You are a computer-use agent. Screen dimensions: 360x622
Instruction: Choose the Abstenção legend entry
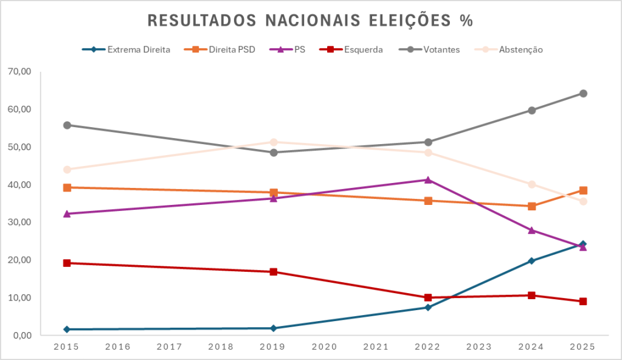tap(520, 50)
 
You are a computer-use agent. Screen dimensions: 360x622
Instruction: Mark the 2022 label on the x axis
tap(427, 347)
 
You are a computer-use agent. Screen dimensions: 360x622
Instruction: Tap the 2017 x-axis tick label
tap(170, 347)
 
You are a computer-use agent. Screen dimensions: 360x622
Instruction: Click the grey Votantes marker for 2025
tap(583, 94)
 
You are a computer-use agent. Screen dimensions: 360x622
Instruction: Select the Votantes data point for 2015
tap(67, 125)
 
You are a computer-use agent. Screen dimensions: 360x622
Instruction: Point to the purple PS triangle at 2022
tap(428, 180)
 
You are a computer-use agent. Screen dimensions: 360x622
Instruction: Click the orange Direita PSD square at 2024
tap(531, 206)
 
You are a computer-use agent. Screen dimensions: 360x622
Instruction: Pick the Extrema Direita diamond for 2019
tap(273, 328)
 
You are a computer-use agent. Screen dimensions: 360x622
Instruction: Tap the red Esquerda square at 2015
tap(67, 263)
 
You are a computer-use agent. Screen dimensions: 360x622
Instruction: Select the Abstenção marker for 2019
tap(273, 142)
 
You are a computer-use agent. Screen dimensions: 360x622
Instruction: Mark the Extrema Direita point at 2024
tap(531, 261)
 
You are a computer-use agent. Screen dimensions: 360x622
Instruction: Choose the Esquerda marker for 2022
tap(428, 298)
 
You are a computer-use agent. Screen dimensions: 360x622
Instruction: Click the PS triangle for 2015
tap(67, 214)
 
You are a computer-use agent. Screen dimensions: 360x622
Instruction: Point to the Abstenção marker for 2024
tap(531, 184)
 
